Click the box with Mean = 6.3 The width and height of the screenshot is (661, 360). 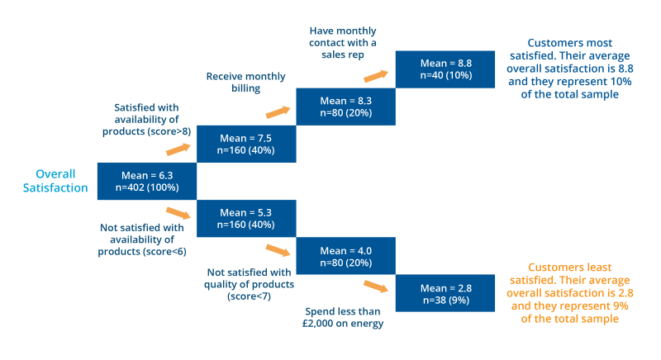147,181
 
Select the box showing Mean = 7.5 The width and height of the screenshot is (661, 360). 246,144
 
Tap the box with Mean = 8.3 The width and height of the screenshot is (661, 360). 345,107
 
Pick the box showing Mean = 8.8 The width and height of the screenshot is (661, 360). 445,69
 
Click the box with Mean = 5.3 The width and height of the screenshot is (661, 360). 246,219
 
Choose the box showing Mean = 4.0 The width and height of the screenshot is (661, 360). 345,257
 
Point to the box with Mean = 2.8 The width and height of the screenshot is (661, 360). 445,293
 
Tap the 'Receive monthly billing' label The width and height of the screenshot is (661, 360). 245,83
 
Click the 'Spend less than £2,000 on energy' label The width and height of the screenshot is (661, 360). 344,317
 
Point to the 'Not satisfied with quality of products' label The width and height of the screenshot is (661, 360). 248,283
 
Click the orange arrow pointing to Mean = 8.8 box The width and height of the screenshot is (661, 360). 376,76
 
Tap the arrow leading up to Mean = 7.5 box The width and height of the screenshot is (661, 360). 178,149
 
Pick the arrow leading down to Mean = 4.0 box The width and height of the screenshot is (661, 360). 278,249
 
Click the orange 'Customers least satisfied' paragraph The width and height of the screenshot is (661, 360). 569,293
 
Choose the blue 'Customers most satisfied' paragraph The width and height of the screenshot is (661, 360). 569,69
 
